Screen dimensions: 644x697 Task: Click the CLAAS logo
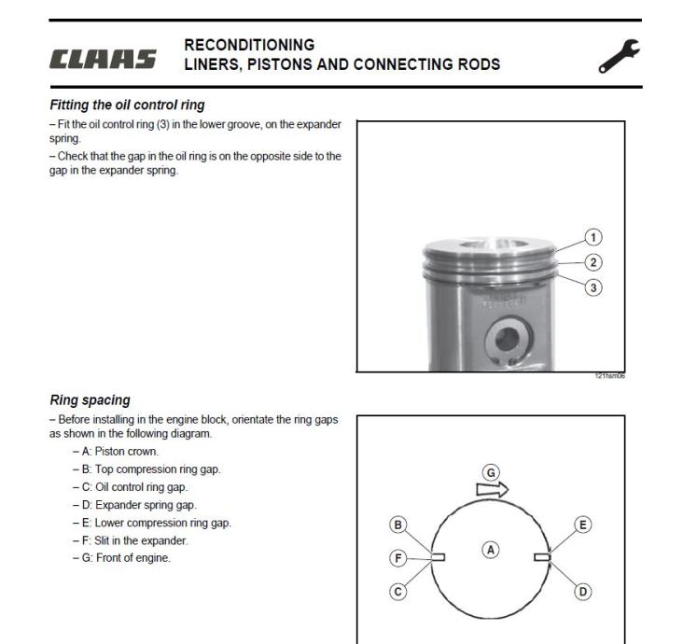tap(103, 61)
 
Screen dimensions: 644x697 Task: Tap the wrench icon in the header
tap(620, 57)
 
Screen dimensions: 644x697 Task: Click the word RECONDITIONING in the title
tap(249, 45)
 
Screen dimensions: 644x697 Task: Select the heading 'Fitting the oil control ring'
tap(127, 105)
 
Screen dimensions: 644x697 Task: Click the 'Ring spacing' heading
tap(90, 400)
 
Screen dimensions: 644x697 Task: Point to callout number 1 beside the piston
tap(593, 238)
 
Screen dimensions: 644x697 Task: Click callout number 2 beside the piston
tap(593, 262)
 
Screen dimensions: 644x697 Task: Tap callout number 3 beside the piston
tap(593, 287)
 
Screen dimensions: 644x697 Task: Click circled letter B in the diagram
tap(398, 525)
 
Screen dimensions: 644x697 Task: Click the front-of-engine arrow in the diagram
tap(492, 489)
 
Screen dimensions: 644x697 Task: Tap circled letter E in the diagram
tap(584, 525)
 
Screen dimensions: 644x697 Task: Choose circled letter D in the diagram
tap(584, 592)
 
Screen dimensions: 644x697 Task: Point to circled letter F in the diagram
tap(397, 558)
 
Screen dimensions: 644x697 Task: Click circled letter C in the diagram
tap(398, 592)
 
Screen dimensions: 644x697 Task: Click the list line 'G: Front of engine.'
tap(121, 558)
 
